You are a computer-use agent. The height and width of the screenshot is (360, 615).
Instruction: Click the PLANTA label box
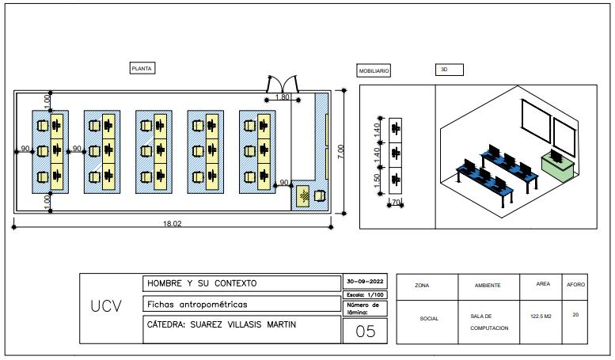tap(142, 69)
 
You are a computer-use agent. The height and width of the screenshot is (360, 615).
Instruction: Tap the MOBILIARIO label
tap(374, 71)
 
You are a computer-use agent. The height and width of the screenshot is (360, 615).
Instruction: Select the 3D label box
tap(449, 70)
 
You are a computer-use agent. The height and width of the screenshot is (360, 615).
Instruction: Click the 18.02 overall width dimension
tap(172, 224)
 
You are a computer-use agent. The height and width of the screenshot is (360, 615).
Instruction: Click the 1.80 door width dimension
tap(283, 97)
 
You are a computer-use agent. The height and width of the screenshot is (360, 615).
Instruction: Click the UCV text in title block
tap(106, 306)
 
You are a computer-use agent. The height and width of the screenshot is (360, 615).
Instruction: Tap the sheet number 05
tap(365, 332)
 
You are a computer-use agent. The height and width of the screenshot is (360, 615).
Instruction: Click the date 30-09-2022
tap(365, 282)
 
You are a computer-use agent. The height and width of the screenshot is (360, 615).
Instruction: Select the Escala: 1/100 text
tap(365, 294)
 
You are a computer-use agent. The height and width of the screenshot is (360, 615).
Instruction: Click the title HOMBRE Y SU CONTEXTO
tap(202, 283)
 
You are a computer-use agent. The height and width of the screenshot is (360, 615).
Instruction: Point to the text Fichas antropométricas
tap(198, 304)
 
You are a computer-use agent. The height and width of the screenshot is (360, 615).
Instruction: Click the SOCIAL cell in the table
tap(429, 319)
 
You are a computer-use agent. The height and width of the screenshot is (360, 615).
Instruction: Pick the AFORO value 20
tap(575, 315)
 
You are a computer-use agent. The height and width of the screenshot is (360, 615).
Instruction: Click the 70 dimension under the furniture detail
tap(396, 203)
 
